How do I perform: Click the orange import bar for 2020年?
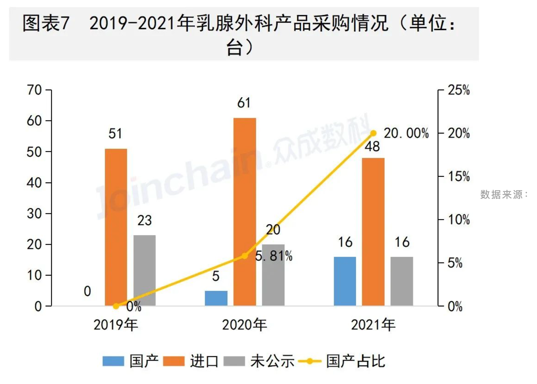tap(244, 211)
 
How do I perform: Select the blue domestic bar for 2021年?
tap(345, 281)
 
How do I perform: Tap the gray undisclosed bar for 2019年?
tap(144, 270)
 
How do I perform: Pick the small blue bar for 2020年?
tap(216, 298)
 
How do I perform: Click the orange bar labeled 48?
tap(373, 231)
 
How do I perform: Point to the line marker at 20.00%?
tap(373, 133)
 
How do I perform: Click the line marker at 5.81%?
tap(244, 256)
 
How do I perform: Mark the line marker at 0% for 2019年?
tap(116, 306)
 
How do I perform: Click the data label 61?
tap(244, 103)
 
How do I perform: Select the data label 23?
tap(144, 221)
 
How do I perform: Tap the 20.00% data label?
tap(406, 134)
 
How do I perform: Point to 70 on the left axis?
tap(34, 90)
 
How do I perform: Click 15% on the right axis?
tap(459, 176)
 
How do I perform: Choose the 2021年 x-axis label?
tap(373, 325)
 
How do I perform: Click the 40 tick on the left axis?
tap(34, 183)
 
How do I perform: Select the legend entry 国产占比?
tap(356, 361)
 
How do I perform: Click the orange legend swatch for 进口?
tap(173, 361)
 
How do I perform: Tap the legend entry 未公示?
tap(272, 361)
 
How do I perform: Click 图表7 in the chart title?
tap(46, 24)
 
